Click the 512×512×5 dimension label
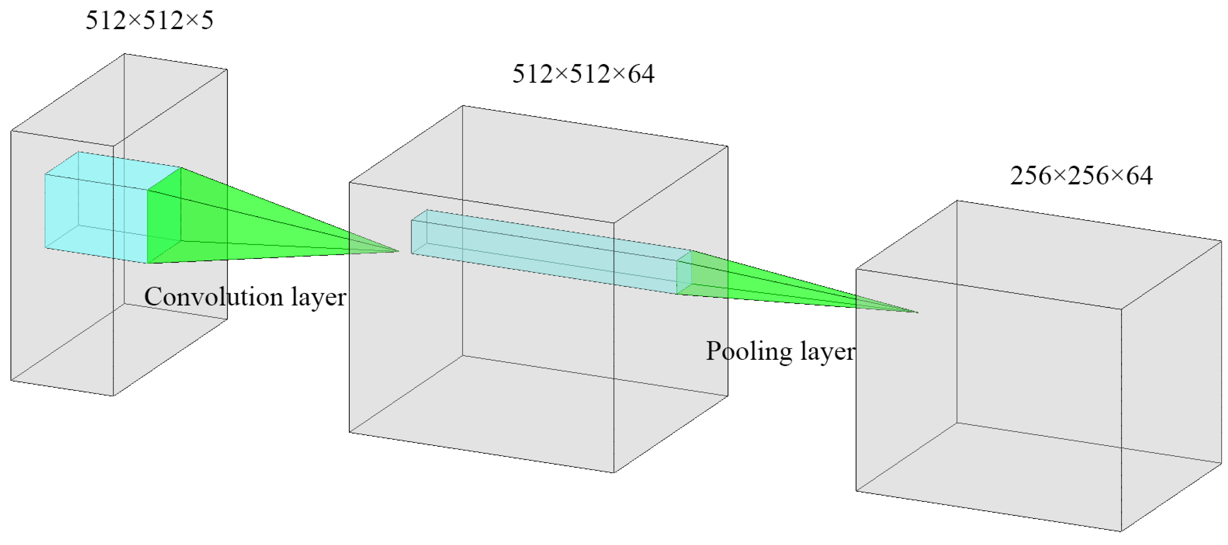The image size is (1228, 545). pyautogui.click(x=149, y=20)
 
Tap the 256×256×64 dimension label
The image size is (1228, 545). pyautogui.click(x=1081, y=175)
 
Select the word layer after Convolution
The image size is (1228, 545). pyautogui.click(x=319, y=297)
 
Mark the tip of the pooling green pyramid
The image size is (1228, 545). pyautogui.click(x=918, y=312)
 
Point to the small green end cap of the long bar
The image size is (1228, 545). pyautogui.click(x=684, y=273)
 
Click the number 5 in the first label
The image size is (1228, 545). pyautogui.click(x=207, y=20)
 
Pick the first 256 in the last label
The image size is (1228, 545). pyautogui.click(x=1031, y=175)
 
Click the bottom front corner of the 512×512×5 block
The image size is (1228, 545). pyautogui.click(x=113, y=395)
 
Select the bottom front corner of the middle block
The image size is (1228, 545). pyautogui.click(x=614, y=472)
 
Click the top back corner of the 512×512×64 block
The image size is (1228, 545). pyautogui.click(x=463, y=106)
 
